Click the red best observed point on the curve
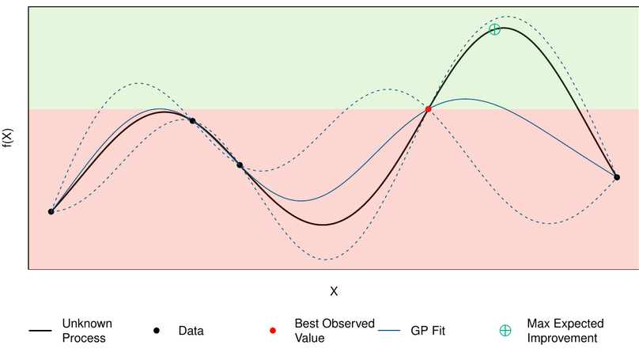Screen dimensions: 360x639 coord(428,108)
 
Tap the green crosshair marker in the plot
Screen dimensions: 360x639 coord(494,29)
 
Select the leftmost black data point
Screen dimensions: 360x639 coord(51,211)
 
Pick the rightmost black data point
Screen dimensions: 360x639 coord(617,177)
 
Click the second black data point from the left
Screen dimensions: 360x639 coord(192,120)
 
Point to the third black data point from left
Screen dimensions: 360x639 coord(240,165)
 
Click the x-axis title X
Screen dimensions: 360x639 coord(334,291)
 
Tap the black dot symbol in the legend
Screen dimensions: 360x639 coord(157,331)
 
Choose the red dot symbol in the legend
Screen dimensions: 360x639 coord(273,331)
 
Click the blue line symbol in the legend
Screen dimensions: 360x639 coord(390,331)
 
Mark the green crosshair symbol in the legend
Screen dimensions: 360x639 coord(505,331)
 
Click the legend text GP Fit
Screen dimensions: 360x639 coord(428,331)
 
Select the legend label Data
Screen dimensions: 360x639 coord(191,331)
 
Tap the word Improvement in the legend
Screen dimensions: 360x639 coord(561,338)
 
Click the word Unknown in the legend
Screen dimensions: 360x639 coord(87,324)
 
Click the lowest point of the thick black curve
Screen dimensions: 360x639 coord(323,225)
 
